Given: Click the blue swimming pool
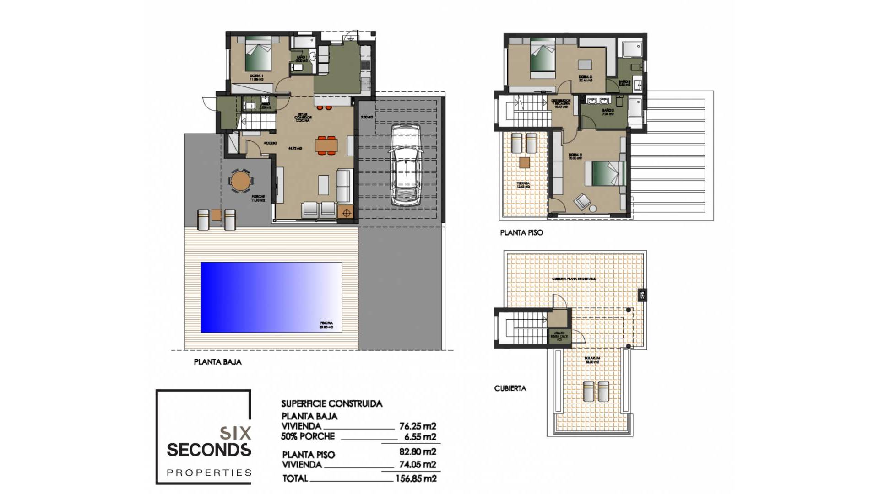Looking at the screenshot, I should (x=271, y=297).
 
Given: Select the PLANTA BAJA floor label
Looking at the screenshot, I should (x=217, y=362).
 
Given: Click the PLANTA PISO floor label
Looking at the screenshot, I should (x=521, y=233).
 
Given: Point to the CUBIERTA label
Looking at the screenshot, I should (x=510, y=388).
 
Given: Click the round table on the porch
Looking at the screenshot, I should (x=240, y=181).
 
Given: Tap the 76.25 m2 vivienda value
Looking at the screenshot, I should (x=418, y=426).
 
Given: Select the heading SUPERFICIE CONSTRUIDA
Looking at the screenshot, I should (x=331, y=404).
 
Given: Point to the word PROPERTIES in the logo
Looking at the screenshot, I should (x=209, y=473).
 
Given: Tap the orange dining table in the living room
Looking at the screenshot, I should (x=326, y=145).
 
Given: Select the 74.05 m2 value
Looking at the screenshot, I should (x=418, y=465).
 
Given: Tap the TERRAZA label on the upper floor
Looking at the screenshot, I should (x=523, y=184).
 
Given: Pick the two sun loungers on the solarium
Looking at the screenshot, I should (x=596, y=391).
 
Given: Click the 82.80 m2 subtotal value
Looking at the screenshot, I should (x=418, y=452).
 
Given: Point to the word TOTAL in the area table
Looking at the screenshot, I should (x=295, y=478).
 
